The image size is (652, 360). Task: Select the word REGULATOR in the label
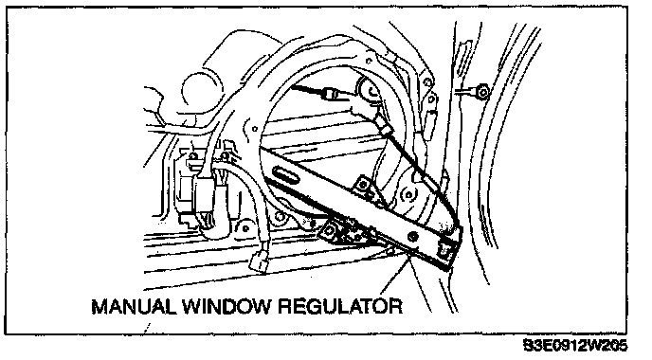(x=340, y=306)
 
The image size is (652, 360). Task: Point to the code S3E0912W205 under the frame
(x=576, y=346)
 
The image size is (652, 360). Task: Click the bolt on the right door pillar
(x=482, y=91)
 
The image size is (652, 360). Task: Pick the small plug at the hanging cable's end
(x=260, y=261)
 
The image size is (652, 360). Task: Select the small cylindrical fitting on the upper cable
(x=331, y=93)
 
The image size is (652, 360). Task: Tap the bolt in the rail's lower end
(x=413, y=236)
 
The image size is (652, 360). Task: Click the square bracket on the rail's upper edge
(x=362, y=184)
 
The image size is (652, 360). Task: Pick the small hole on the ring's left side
(x=255, y=129)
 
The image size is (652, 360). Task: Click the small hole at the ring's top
(x=369, y=62)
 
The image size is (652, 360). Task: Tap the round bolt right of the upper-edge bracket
(x=408, y=194)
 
